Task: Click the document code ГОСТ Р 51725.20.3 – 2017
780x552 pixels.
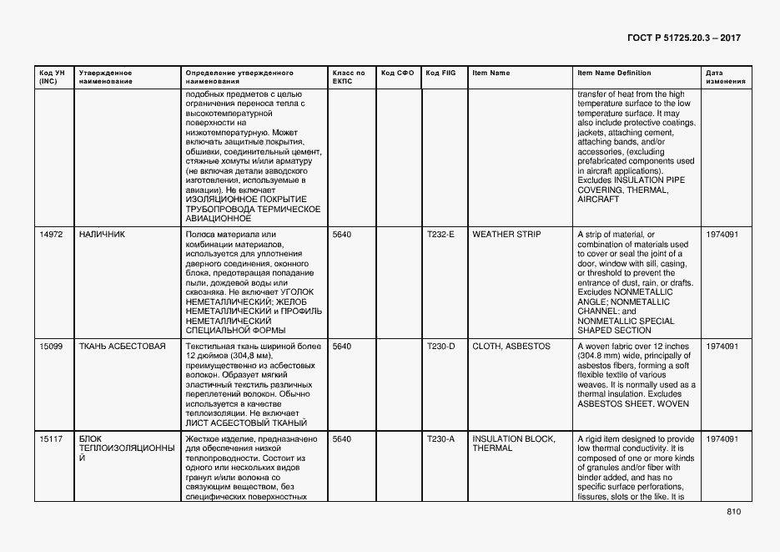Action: (682, 38)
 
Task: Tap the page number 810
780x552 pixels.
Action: (733, 512)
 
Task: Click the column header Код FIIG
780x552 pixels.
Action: (440, 73)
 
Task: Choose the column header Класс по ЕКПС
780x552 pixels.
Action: (349, 78)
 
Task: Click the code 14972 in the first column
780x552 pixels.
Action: (51, 235)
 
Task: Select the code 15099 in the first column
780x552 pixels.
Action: (51, 346)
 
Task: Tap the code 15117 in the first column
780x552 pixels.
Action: (51, 438)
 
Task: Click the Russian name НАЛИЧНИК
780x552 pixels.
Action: (102, 235)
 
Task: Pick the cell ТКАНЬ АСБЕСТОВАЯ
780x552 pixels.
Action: (122, 346)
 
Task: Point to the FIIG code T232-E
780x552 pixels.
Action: (440, 235)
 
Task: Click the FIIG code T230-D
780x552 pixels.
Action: (440, 346)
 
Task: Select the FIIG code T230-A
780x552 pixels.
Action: (440, 438)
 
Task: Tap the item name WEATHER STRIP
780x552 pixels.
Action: (506, 235)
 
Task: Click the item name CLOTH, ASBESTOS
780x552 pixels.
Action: (511, 346)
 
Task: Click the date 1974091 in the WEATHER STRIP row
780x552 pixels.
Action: (722, 235)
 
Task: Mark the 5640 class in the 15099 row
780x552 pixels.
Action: (342, 346)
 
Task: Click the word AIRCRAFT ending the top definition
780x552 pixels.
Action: (598, 200)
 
